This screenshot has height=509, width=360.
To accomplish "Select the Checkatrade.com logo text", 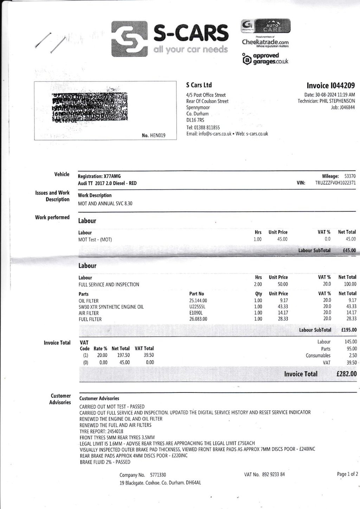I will pyautogui.click(x=265, y=42).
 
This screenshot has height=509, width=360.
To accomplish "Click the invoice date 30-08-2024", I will pyautogui.click(x=326, y=95).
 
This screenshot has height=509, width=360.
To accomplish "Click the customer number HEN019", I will pyautogui.click(x=157, y=135).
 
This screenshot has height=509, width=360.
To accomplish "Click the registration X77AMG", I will pyautogui.click(x=111, y=176).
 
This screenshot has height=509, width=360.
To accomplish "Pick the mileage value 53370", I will pyautogui.click(x=349, y=176).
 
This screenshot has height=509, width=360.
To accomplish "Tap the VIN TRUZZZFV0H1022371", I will pyautogui.click(x=335, y=183).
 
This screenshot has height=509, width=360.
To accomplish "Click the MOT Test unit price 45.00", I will pyautogui.click(x=282, y=239).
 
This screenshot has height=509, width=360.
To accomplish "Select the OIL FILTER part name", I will pyautogui.click(x=89, y=301).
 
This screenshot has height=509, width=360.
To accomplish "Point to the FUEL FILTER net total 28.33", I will pyautogui.click(x=351, y=319).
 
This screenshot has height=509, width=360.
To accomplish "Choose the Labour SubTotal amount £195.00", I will pyautogui.click(x=349, y=330).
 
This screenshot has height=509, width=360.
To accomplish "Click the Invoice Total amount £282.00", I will pyautogui.click(x=346, y=374).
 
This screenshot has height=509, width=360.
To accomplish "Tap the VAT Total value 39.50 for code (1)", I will pyautogui.click(x=149, y=355).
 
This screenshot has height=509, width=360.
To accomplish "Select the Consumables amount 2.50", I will pyautogui.click(x=352, y=355).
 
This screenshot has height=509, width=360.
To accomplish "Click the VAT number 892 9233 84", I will pyautogui.click(x=274, y=475).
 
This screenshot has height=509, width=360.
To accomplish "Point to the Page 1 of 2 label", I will pyautogui.click(x=347, y=474).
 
